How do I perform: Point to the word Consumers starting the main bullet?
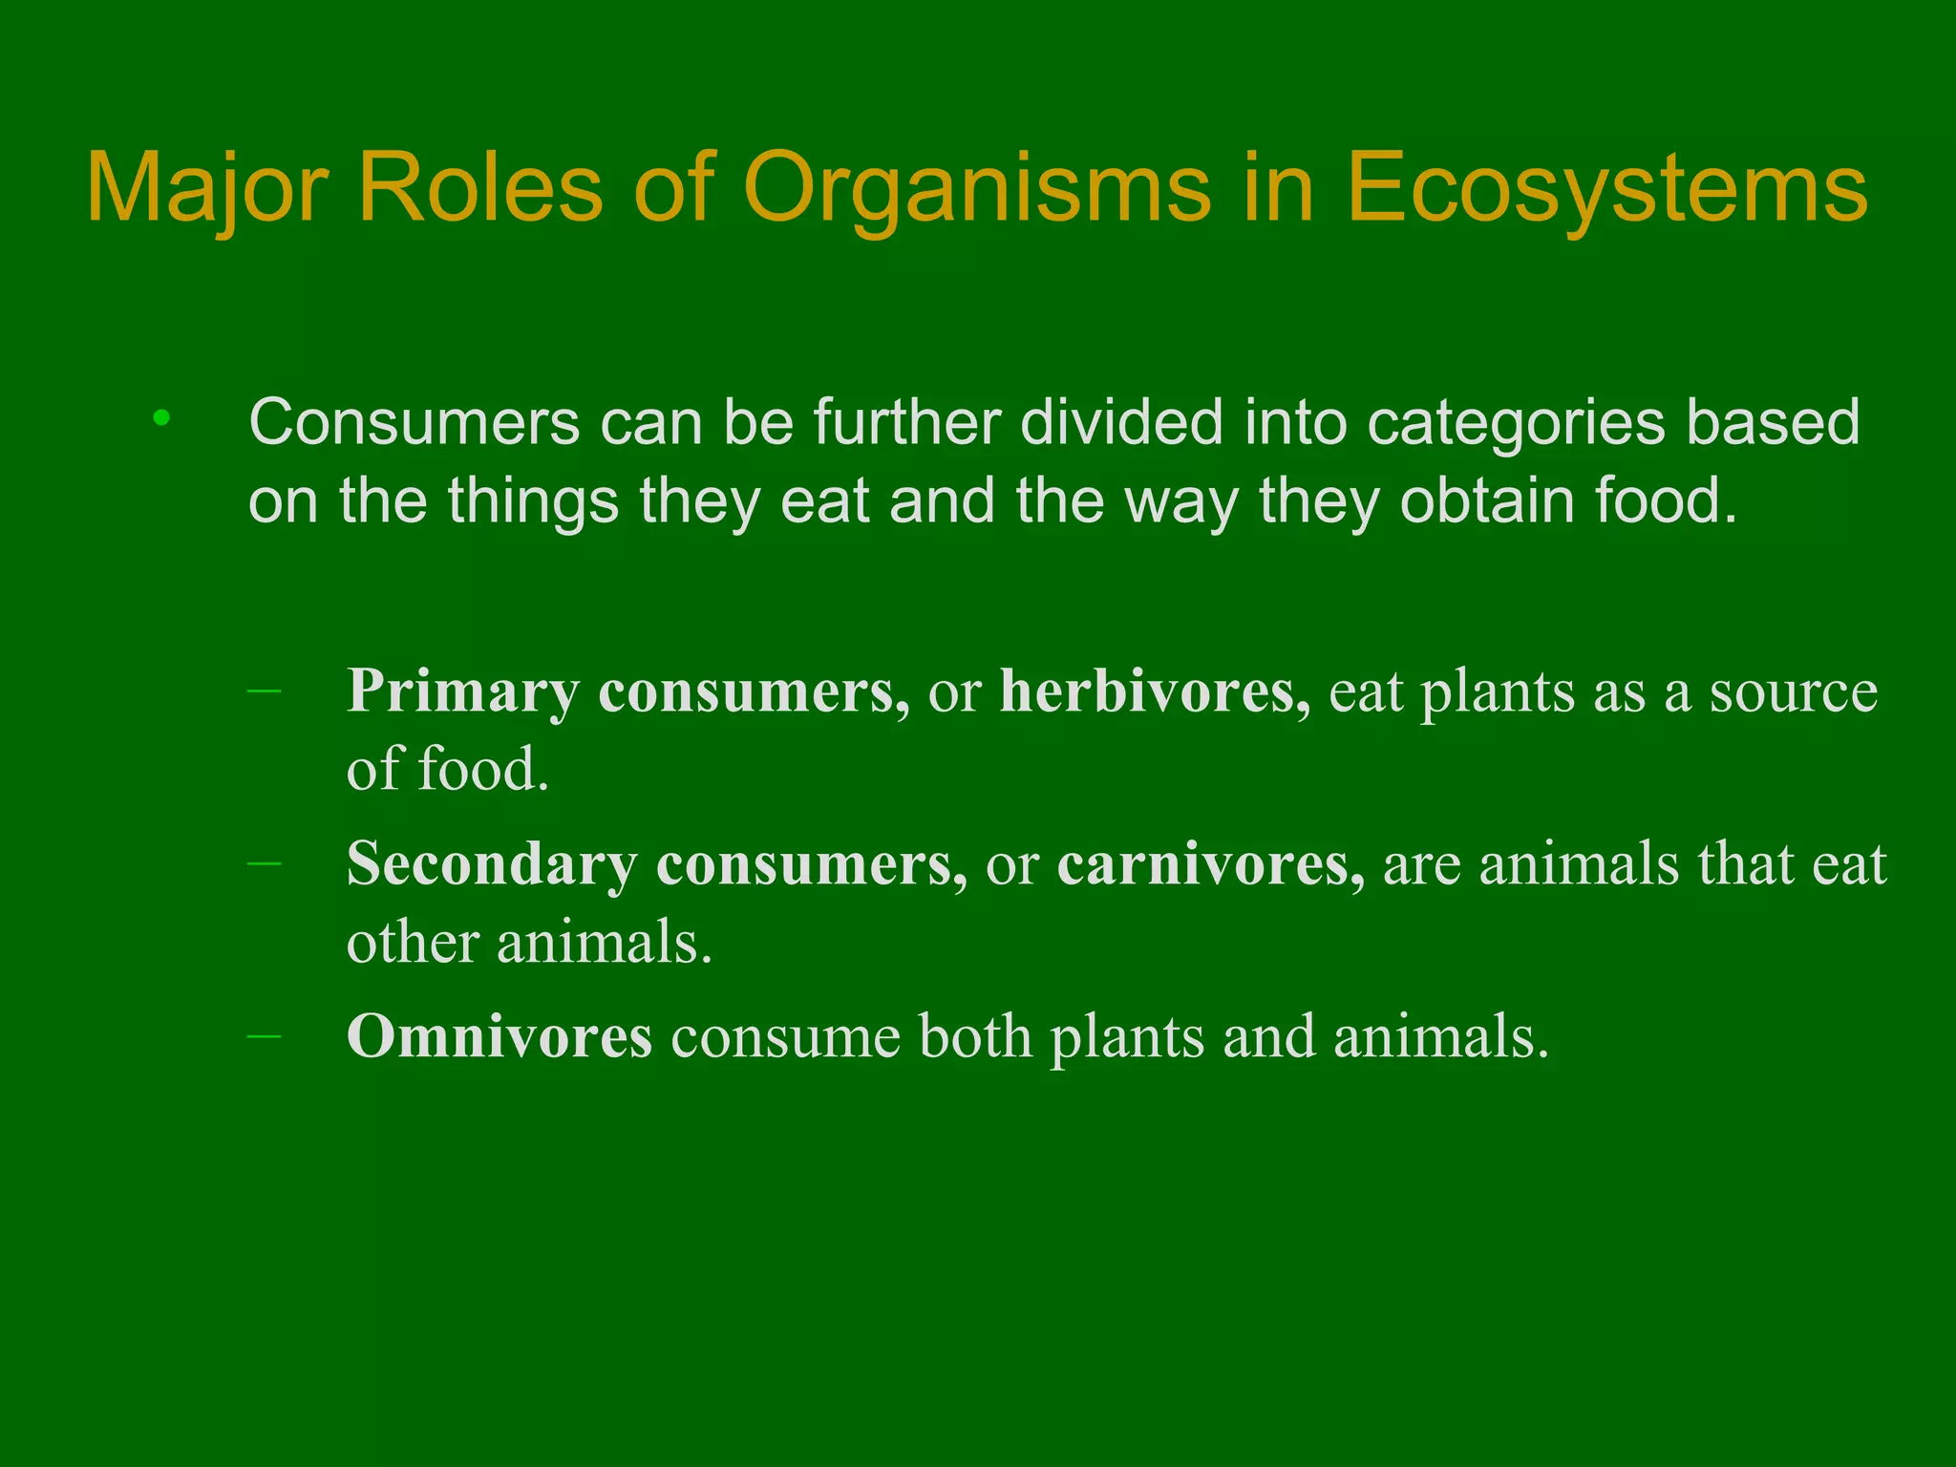pyautogui.click(x=414, y=422)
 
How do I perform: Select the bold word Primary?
pyautogui.click(x=463, y=692)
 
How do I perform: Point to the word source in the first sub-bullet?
pyautogui.click(x=1793, y=691)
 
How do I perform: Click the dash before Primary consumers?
pyautogui.click(x=264, y=690)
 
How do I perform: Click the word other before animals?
pyautogui.click(x=413, y=943)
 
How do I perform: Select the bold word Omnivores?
pyautogui.click(x=500, y=1037)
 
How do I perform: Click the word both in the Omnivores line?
pyautogui.click(x=974, y=1037)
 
